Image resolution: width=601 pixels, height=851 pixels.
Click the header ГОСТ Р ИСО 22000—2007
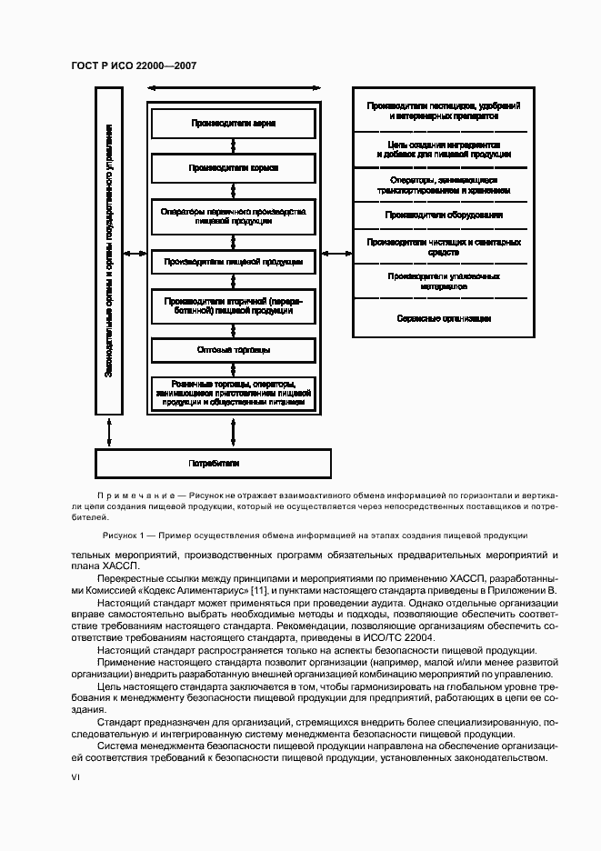click(134, 66)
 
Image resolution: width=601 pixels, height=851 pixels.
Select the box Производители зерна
click(233, 122)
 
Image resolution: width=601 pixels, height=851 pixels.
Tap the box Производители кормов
click(233, 168)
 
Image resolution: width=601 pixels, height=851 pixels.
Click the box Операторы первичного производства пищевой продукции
click(233, 215)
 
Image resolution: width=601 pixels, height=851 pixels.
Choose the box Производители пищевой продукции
click(233, 262)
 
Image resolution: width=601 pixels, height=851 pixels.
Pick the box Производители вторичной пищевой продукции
click(233, 305)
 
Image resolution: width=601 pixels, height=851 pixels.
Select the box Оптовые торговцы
click(233, 350)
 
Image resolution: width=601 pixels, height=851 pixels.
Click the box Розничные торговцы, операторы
click(233, 391)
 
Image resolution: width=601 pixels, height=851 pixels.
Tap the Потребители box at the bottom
click(215, 463)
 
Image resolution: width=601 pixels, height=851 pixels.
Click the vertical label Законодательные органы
click(108, 251)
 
